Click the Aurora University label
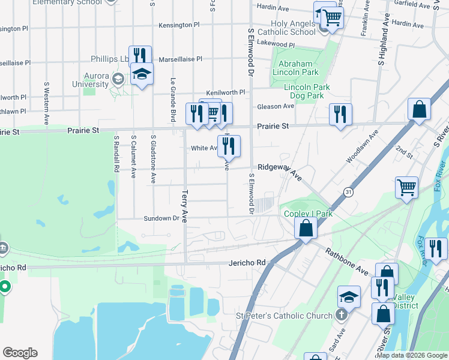pyautogui.click(x=88, y=80)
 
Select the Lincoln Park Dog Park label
pyautogui.click(x=307, y=91)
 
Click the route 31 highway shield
pyautogui.click(x=348, y=191)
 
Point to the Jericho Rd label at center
pyautogui.click(x=247, y=263)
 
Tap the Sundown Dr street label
pyautogui.click(x=161, y=218)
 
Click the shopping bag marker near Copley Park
pyautogui.click(x=306, y=229)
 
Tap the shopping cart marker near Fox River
pyautogui.click(x=406, y=187)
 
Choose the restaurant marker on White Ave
pyautogui.click(x=229, y=146)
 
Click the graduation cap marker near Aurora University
pyautogui.click(x=142, y=74)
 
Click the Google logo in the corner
pyautogui.click(x=20, y=353)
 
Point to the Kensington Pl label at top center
pyautogui.click(x=179, y=25)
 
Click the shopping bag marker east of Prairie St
pyautogui.click(x=419, y=110)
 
